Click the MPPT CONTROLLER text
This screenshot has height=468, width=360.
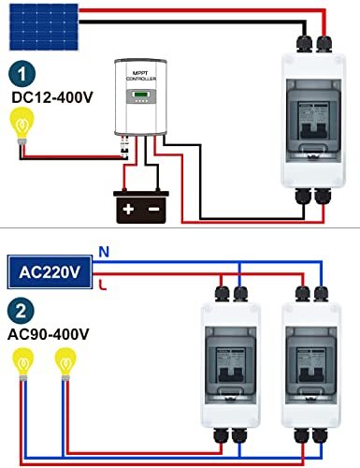click(142, 75)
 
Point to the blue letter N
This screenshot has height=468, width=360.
click(103, 252)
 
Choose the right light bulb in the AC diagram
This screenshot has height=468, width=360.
click(64, 360)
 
